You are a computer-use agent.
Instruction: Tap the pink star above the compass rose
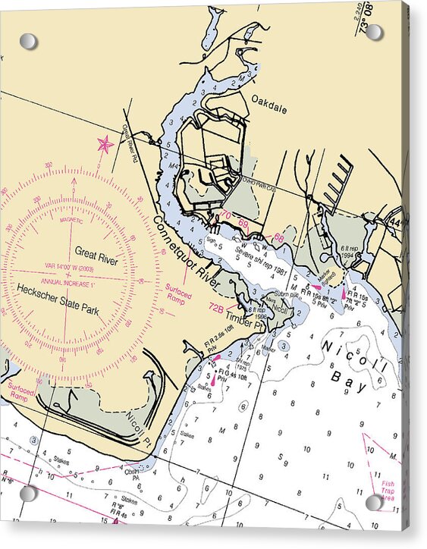point(105,143)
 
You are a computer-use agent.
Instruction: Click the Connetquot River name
point(186,253)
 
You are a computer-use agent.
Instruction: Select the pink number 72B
point(216,309)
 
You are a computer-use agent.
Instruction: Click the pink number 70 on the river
point(226,216)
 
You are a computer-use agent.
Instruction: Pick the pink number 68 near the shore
point(278,237)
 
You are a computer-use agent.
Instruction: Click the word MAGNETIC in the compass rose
point(71,220)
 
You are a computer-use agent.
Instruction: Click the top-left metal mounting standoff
point(28,41)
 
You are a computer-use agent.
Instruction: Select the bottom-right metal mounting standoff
point(374,502)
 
